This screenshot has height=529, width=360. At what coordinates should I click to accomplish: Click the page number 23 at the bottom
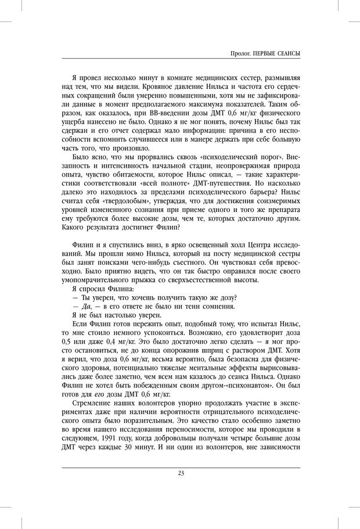181,473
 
